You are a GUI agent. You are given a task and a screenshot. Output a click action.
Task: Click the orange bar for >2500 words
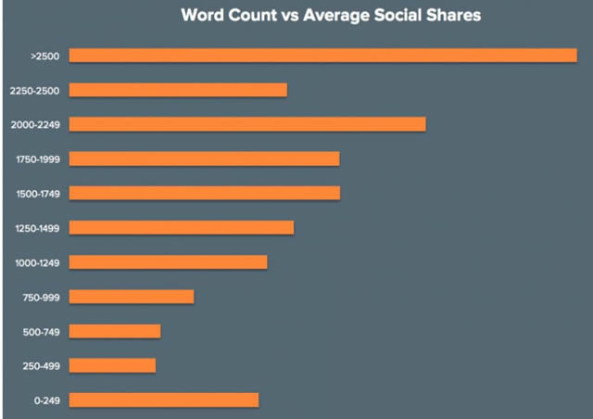tap(323, 56)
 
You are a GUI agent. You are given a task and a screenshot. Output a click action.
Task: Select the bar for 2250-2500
tap(178, 90)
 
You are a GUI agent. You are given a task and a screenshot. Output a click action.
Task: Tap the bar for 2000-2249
tap(247, 124)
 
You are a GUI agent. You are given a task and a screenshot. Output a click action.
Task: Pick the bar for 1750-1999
tap(204, 159)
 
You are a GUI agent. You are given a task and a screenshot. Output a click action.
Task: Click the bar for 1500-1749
tap(204, 193)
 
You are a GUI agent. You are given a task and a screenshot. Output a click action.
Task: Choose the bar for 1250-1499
tap(182, 227)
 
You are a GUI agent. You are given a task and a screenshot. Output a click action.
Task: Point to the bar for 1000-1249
tap(168, 262)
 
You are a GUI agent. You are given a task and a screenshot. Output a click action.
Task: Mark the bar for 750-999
tap(132, 297)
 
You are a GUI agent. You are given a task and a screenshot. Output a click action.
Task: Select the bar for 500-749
tap(115, 331)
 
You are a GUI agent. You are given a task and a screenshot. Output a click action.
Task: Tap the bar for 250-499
tap(112, 365)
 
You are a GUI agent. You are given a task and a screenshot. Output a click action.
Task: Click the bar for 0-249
tap(164, 400)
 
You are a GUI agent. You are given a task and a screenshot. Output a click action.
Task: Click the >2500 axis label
tap(44, 57)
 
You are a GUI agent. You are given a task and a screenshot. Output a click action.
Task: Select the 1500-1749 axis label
tap(38, 194)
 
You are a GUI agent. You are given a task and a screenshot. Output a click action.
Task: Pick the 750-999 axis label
tap(41, 298)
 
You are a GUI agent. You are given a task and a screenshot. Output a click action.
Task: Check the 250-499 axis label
tap(41, 366)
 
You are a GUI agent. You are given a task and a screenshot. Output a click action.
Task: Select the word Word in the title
tap(203, 17)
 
